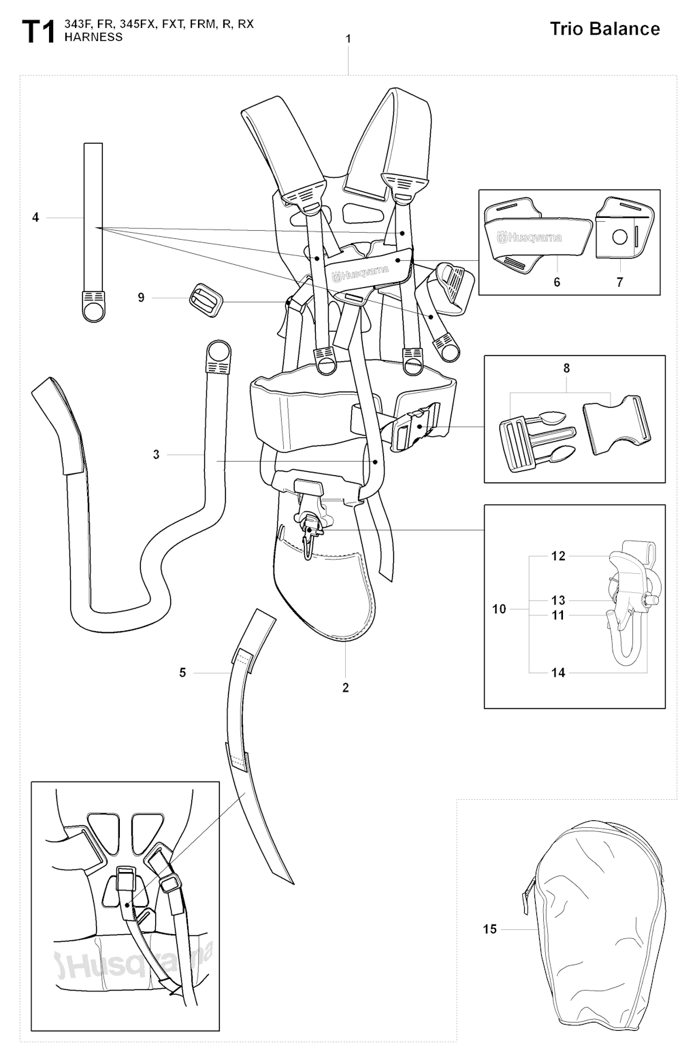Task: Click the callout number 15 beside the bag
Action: (x=490, y=929)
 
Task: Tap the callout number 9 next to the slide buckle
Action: (x=141, y=298)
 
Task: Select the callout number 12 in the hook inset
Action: (x=558, y=556)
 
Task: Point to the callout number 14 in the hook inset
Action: (x=558, y=673)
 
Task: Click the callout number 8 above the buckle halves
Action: (x=567, y=368)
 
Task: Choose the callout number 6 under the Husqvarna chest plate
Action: (x=557, y=282)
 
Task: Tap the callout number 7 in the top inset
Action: (x=620, y=282)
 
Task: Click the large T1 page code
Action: (x=39, y=32)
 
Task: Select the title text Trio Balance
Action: (x=604, y=29)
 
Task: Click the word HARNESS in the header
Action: (x=93, y=37)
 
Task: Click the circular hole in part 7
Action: (x=619, y=236)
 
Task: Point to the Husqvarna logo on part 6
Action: (x=529, y=238)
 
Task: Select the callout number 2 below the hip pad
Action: (x=345, y=688)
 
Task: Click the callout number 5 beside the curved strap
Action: (x=182, y=673)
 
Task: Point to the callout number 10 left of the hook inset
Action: (x=499, y=609)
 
